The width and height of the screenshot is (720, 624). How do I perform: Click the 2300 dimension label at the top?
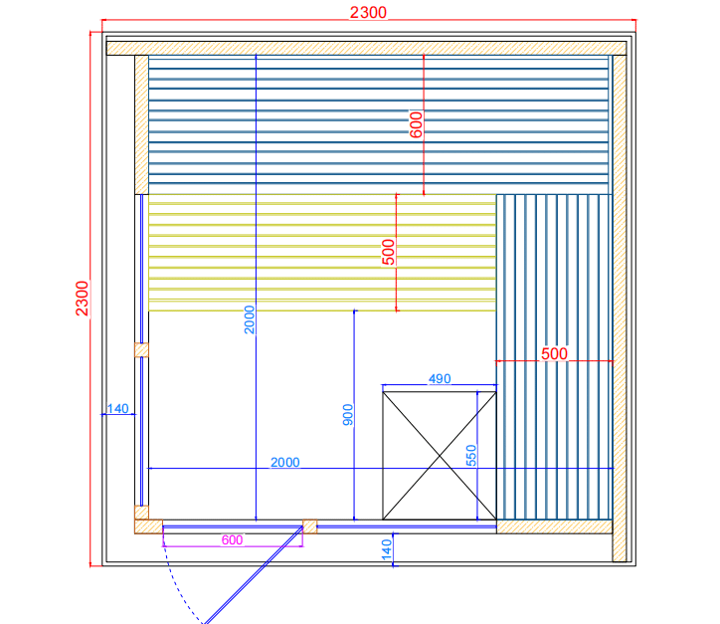click(x=368, y=12)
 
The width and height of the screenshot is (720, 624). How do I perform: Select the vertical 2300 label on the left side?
click(x=82, y=299)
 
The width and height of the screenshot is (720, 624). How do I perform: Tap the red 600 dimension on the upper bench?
click(x=416, y=124)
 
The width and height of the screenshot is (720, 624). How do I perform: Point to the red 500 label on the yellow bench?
click(x=389, y=252)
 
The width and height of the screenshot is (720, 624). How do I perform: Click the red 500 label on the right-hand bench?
click(x=554, y=354)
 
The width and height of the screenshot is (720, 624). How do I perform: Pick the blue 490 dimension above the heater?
click(x=440, y=378)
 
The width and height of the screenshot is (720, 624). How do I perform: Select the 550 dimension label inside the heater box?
click(x=471, y=456)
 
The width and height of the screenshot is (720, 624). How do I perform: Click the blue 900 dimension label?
click(x=348, y=414)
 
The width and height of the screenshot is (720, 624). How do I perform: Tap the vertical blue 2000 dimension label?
click(x=250, y=319)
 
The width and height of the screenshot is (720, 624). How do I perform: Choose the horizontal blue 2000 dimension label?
click(x=285, y=462)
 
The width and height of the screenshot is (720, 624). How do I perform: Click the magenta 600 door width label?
click(x=232, y=540)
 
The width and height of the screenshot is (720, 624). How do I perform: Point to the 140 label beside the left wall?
click(x=118, y=408)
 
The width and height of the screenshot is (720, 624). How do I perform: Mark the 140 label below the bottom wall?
click(x=387, y=550)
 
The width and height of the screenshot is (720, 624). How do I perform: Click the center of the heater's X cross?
click(x=440, y=456)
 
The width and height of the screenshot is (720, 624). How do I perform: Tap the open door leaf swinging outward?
click(x=253, y=575)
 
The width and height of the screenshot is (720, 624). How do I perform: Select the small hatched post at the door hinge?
click(x=310, y=526)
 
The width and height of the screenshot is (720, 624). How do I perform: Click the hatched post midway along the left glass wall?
click(x=141, y=350)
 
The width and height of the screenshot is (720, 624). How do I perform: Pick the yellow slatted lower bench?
click(x=322, y=253)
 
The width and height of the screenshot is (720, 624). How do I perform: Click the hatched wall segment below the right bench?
click(x=554, y=527)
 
